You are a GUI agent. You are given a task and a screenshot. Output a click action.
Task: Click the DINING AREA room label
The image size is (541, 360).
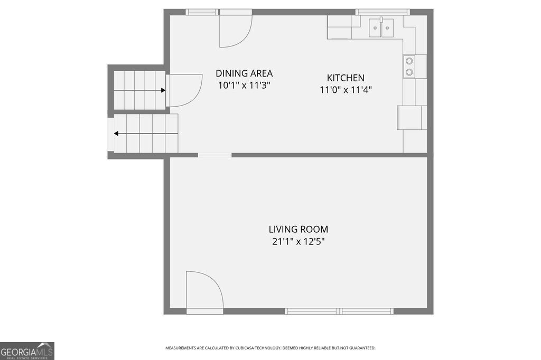pos(244,73)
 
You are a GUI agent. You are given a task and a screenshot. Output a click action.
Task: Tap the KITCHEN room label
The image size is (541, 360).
pos(346,78)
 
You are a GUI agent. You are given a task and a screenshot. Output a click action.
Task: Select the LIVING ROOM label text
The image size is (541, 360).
pos(299,229)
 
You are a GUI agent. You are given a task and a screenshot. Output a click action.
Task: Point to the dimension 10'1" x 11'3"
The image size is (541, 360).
pos(244,85)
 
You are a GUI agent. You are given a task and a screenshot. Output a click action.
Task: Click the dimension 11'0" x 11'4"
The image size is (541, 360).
pos(346,90)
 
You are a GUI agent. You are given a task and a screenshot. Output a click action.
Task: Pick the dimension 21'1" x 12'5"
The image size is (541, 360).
pos(299,241)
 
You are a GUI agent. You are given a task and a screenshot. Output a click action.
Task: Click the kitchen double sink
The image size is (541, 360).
pos(381,27)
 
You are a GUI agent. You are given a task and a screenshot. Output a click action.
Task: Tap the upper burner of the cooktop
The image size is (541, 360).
pos(409,61)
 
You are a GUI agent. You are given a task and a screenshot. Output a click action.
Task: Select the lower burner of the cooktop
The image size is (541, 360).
pos(409,72)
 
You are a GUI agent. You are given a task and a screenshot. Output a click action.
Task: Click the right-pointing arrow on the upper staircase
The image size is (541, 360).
pos(139,90)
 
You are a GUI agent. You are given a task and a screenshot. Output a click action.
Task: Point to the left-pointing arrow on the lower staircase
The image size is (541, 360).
pos(146,134)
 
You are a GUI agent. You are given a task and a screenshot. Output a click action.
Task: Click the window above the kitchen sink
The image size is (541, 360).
pos(383,13)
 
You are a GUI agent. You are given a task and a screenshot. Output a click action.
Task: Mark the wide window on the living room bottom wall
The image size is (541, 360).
pos(339,311)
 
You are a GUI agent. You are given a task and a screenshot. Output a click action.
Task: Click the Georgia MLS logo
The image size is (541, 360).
pos(27,351)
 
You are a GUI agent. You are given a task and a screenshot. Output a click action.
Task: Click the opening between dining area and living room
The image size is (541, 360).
pos(214,155)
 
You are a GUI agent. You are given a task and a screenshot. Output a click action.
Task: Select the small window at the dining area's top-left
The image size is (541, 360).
pos(202,13)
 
